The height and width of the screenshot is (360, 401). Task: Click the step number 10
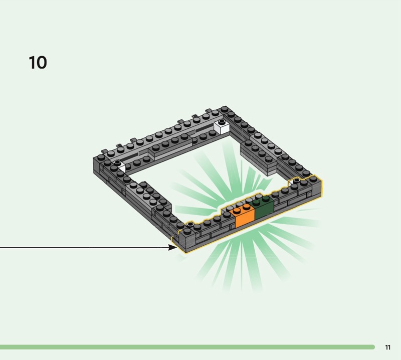pyautogui.click(x=38, y=63)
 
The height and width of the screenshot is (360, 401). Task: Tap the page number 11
pyautogui.click(x=387, y=347)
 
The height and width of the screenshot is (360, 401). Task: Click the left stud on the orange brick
pyautogui.click(x=237, y=211)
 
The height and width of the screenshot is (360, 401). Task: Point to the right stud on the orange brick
pyautogui.click(x=246, y=206)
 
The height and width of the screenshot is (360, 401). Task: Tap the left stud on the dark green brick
pyautogui.click(x=256, y=202)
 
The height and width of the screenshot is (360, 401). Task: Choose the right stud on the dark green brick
pyautogui.click(x=266, y=198)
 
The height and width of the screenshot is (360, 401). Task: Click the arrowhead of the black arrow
pyautogui.click(x=172, y=247)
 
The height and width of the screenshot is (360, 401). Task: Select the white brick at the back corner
pyautogui.click(x=222, y=127)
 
